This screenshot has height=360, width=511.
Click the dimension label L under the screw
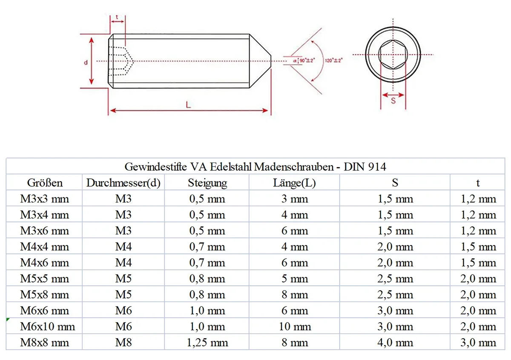coord(188,105)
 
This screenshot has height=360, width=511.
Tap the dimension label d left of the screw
coord(86,62)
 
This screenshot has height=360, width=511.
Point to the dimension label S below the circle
coord(393,101)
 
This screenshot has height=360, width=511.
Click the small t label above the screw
coord(117,19)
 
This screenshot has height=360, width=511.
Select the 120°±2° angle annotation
coord(334,60)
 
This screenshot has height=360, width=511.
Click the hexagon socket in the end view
coord(392,54)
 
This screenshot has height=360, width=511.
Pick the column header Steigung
coord(207,183)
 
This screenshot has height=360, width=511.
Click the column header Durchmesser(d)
coord(123,183)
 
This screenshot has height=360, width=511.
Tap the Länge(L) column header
coord(294,183)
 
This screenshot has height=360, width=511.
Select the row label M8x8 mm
coord(44,343)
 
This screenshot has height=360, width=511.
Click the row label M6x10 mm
coord(47,326)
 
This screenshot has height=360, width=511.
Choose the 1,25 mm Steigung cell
coord(207,343)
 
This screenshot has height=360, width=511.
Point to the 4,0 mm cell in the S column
coord(395,343)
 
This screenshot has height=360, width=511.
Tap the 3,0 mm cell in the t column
coord(478,343)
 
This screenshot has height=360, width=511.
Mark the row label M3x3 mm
coord(44,199)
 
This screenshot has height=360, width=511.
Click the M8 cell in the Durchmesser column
coord(123,343)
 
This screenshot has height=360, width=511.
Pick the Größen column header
coord(45,183)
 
